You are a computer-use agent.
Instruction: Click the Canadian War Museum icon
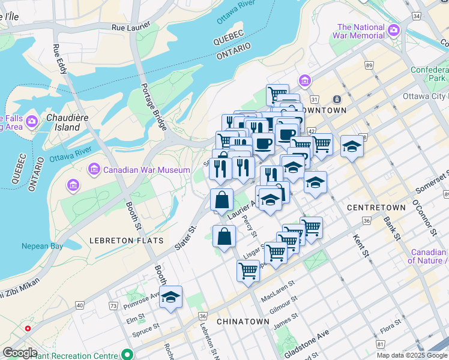[x=94, y=170]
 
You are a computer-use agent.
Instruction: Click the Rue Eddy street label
[x=60, y=59]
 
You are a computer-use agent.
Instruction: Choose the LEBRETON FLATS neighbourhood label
[x=126, y=241]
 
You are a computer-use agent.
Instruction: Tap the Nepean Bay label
[x=42, y=246]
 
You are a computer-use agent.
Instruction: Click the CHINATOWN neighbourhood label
[x=243, y=322]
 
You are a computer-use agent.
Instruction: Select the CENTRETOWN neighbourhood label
[x=376, y=208]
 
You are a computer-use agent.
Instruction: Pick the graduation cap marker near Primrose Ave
[x=170, y=296]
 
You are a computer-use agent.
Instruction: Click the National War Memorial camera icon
[x=394, y=29]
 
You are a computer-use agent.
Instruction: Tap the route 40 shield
[x=80, y=305]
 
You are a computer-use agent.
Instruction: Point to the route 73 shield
[x=113, y=307]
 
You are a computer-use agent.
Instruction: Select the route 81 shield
[x=380, y=344]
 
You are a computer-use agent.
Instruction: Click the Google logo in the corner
[x=20, y=353]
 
